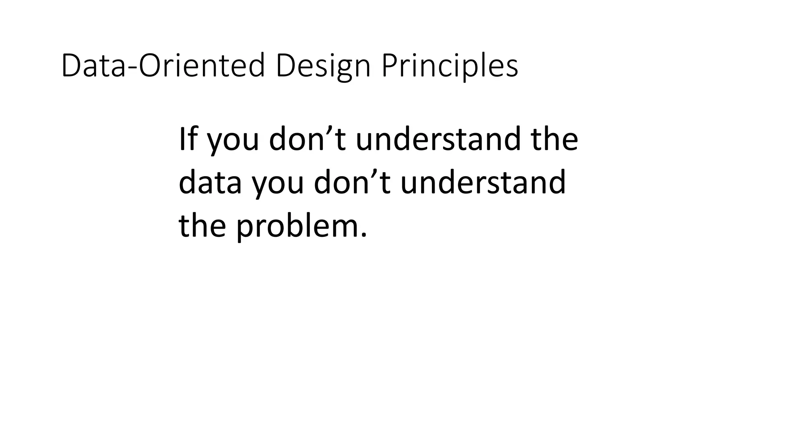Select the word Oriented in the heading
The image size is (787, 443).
(x=202, y=66)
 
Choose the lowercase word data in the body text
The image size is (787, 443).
(x=210, y=182)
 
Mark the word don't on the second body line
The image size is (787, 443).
(x=352, y=182)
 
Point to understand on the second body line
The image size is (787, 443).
(x=483, y=182)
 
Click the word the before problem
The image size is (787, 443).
(x=202, y=225)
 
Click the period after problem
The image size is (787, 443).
(x=364, y=235)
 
